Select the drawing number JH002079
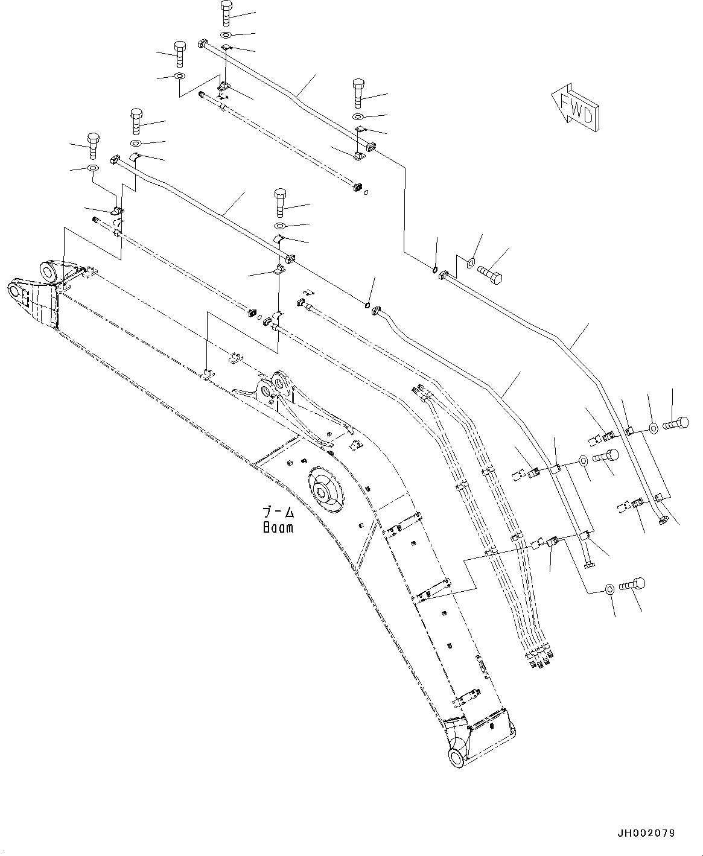point(645,833)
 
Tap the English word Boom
point(278,527)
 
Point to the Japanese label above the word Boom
point(278,513)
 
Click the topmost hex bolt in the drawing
point(225,12)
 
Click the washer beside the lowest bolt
point(610,589)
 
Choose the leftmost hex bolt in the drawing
point(93,145)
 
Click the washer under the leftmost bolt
point(93,168)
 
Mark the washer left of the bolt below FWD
point(471,263)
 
